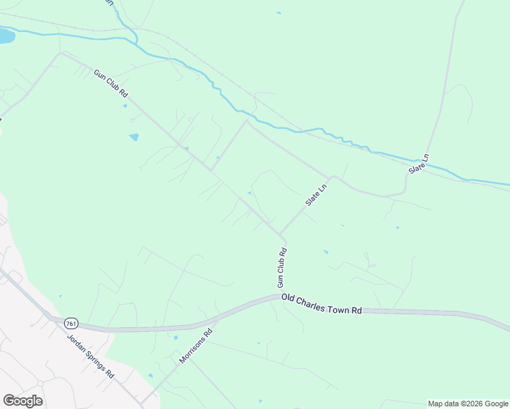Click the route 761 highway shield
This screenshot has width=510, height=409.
71,322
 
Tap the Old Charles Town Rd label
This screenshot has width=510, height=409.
320,305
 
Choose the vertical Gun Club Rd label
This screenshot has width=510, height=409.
281,267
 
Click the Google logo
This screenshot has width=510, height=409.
22,400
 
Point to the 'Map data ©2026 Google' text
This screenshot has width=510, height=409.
468,404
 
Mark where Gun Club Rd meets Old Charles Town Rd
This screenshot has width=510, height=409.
280,297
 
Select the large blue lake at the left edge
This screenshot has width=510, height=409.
5,35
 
